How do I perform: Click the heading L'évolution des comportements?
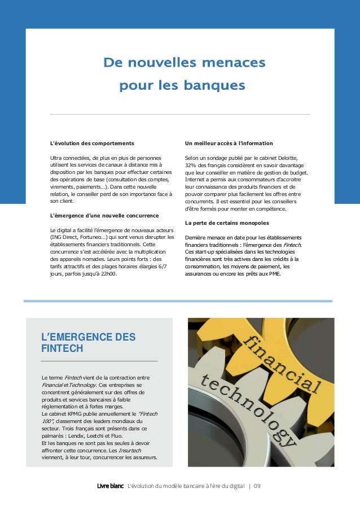tap(92, 143)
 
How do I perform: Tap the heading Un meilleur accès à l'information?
tap(229, 143)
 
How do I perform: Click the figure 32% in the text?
tap(191, 165)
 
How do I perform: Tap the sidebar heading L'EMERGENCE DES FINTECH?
tap(88, 343)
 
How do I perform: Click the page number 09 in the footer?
tap(257, 486)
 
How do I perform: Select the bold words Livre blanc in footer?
tap(110, 486)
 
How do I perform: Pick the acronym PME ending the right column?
tap(280, 274)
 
